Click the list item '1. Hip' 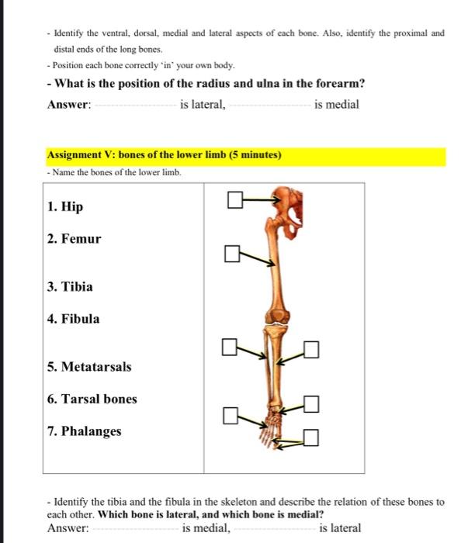(x=64, y=207)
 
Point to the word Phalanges (x=91, y=431)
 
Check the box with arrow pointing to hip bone (x=236, y=202)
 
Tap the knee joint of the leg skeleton (x=276, y=315)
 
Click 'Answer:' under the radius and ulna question (x=69, y=105)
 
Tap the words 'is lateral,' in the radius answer (x=203, y=105)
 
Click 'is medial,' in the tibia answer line (x=206, y=528)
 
